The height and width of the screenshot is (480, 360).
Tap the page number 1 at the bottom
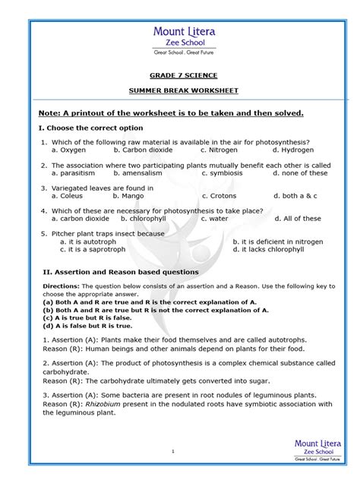click(173, 451)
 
